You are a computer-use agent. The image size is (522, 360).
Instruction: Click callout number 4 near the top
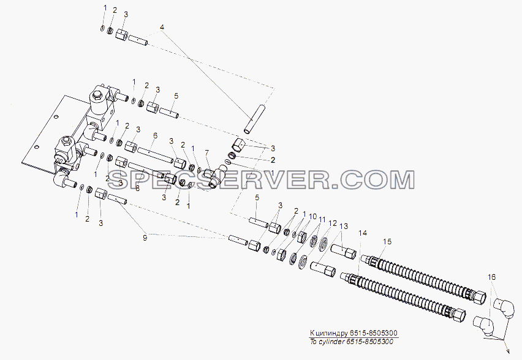coord(162,27)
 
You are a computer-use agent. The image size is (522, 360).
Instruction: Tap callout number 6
coord(155,136)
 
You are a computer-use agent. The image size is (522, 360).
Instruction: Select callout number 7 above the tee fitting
coord(206,152)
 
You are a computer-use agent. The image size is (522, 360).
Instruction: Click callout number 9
coord(145,238)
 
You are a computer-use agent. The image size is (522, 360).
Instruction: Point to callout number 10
coord(312,217)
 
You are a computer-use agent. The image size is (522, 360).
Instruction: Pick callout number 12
coord(333,223)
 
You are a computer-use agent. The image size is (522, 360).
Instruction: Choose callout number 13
coord(344,227)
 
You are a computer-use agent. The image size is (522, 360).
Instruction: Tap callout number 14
coord(363,233)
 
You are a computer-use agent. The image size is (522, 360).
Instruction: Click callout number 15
coord(387,242)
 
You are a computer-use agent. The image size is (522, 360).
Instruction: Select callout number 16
coord(492,277)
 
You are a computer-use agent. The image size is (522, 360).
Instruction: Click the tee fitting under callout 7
coord(214,176)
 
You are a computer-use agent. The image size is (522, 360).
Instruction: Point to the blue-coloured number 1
coord(77,215)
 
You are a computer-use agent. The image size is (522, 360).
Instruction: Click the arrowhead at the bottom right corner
coord(507,350)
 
